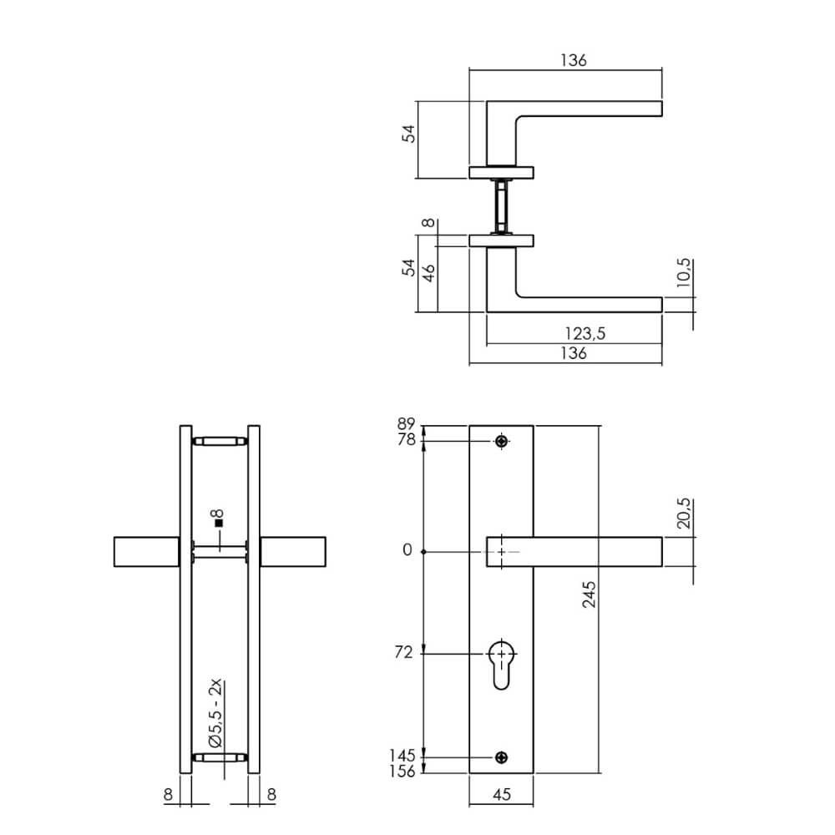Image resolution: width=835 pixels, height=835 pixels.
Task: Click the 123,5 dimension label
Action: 579,333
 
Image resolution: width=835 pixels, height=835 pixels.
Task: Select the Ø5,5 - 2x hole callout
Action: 215,714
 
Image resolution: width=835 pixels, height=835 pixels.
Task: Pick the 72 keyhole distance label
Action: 403,653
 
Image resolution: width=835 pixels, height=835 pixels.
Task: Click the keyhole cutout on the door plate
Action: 501,664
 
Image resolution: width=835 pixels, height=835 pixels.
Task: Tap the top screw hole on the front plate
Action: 501,441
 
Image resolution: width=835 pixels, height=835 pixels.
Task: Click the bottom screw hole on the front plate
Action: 501,757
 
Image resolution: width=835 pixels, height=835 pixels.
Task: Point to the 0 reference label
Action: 407,551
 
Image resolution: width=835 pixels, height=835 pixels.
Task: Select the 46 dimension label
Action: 428,273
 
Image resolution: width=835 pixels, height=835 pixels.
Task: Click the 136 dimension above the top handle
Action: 574,60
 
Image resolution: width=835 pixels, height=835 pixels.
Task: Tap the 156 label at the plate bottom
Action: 402,772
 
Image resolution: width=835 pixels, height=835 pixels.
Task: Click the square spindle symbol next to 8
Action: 219,524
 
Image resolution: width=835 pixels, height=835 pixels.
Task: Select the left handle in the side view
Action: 145,552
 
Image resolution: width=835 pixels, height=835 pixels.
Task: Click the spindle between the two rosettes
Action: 501,206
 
